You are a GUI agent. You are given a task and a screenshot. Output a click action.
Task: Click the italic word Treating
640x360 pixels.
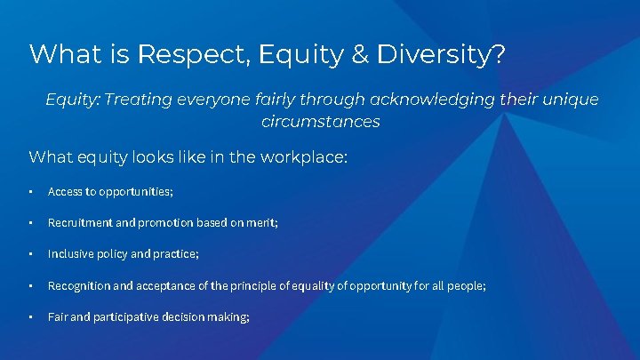(142, 100)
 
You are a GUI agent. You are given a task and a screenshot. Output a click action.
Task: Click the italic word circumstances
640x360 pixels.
(320, 122)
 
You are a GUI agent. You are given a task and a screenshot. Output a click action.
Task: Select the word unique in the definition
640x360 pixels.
(570, 100)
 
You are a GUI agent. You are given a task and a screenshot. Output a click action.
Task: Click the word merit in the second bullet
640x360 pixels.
(263, 222)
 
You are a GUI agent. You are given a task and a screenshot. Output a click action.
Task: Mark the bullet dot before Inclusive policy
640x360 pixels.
(31, 254)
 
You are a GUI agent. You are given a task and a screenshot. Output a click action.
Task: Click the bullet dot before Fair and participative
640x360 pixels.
(31, 316)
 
